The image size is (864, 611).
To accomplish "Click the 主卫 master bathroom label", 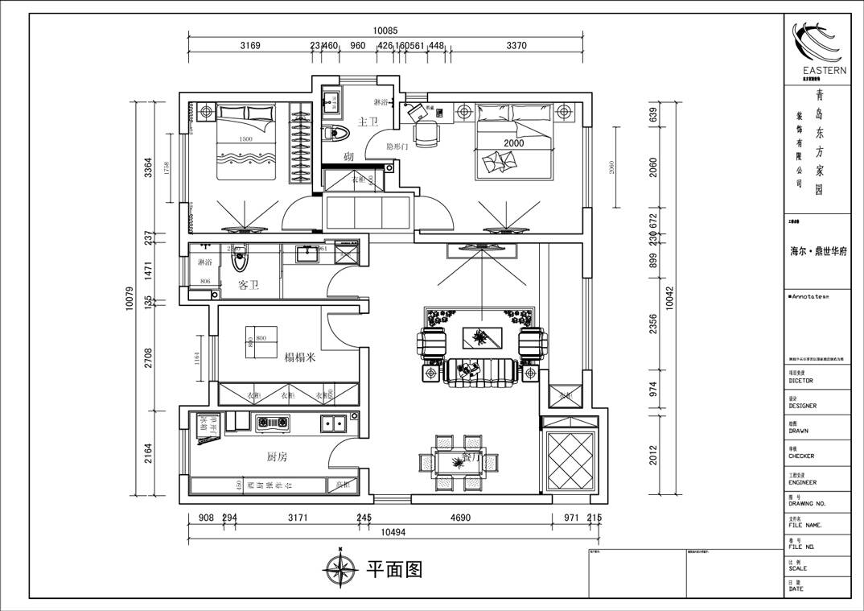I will (x=368, y=122).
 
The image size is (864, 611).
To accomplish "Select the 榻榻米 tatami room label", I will (x=299, y=357).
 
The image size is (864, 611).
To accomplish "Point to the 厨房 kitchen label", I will (x=277, y=456).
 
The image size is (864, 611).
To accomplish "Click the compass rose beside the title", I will (x=341, y=569).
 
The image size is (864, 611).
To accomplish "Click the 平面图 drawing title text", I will (x=394, y=569).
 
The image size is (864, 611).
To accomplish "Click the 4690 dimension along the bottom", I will (x=459, y=518).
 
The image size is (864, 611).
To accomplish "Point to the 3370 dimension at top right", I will (x=516, y=46).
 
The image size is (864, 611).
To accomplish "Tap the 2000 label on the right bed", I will (x=513, y=143).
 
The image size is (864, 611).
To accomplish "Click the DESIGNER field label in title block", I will (x=803, y=406).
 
